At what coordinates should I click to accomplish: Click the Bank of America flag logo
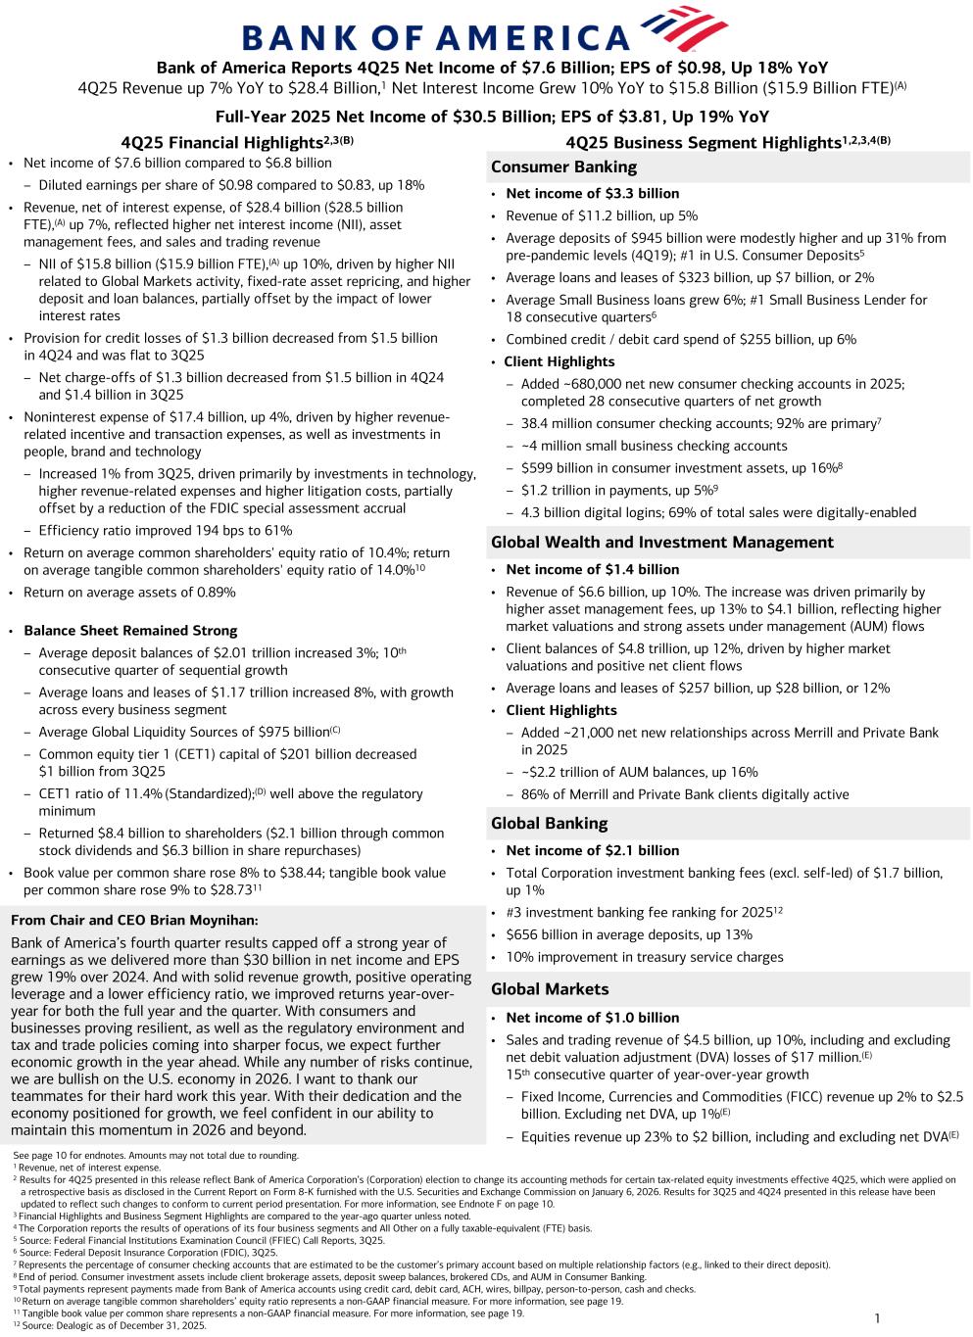[x=683, y=29]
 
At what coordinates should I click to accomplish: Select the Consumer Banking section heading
[x=563, y=167]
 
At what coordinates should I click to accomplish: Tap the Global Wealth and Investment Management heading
[x=662, y=542]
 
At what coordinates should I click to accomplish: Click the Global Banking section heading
[x=549, y=823]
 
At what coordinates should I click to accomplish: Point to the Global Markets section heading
[x=550, y=989]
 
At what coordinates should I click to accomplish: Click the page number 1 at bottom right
[x=877, y=1318]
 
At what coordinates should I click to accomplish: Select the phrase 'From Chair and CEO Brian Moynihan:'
[x=134, y=920]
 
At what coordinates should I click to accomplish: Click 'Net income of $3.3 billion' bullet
[x=592, y=194]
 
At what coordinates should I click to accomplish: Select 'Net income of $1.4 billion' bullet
[x=592, y=569]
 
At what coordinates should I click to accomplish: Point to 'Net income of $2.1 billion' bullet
[x=592, y=850]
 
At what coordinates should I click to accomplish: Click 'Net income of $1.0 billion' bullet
[x=592, y=1018]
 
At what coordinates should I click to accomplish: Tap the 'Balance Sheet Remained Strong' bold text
[x=130, y=631]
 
